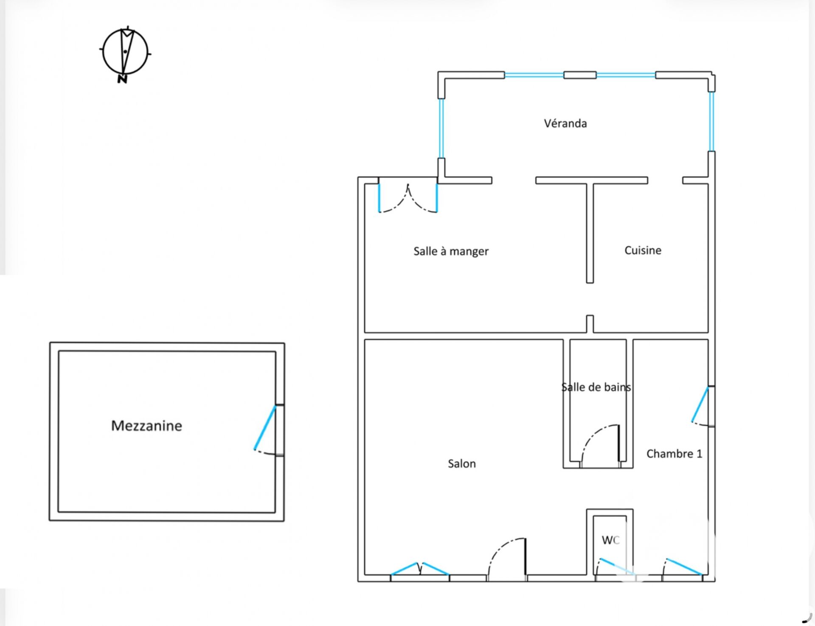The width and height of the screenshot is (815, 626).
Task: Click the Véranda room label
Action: tap(565, 124)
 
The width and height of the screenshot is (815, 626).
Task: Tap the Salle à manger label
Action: tap(451, 251)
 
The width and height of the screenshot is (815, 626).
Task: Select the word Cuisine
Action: tap(643, 250)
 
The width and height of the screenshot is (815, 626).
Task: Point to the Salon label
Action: tap(462, 463)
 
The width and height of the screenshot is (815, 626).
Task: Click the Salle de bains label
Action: tap(596, 387)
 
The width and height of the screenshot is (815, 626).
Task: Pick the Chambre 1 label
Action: tap(674, 454)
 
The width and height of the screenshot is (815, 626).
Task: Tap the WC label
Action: tap(610, 540)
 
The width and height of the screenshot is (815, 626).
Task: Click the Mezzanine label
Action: tap(146, 426)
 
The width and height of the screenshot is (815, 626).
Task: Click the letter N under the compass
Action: tap(122, 79)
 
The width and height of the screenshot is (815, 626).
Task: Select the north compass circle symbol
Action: tap(125, 51)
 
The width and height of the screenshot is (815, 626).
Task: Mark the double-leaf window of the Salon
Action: tap(419, 569)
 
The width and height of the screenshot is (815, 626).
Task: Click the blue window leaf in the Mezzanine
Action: tap(265, 427)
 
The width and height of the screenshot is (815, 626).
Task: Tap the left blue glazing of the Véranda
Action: tap(441, 128)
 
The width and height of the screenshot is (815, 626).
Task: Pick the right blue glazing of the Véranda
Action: tap(711, 121)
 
